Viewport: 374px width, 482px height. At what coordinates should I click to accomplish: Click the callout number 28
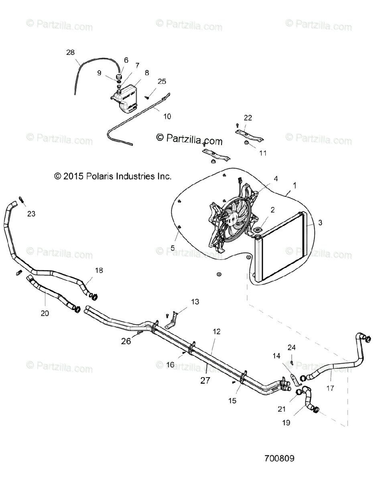70,52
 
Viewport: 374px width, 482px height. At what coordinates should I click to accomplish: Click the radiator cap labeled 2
257,230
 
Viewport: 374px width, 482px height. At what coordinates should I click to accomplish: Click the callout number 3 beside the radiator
320,222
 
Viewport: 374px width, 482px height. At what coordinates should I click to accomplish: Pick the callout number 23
31,214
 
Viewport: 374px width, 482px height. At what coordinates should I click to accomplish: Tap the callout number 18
99,270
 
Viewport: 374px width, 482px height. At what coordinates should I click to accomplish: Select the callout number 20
45,313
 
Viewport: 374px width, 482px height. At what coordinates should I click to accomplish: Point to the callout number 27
205,380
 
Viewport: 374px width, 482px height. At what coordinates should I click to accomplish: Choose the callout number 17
330,388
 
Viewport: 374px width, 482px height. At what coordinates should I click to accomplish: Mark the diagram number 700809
279,458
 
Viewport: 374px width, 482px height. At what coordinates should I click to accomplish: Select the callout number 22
248,118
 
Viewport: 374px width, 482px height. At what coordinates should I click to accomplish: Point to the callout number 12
217,332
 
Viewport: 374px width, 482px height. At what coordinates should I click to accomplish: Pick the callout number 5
173,248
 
